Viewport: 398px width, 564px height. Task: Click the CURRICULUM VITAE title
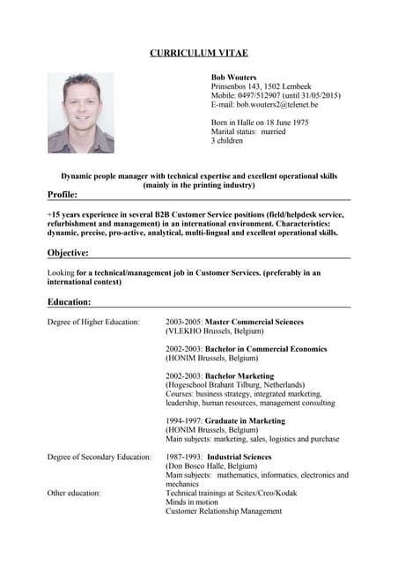pyautogui.click(x=199, y=54)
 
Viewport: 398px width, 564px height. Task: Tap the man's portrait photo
pyautogui.click(x=80, y=113)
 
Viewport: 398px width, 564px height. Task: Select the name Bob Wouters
pyautogui.click(x=234, y=78)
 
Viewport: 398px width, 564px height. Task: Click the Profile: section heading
pyautogui.click(x=63, y=194)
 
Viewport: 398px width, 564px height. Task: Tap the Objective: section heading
pyautogui.click(x=68, y=253)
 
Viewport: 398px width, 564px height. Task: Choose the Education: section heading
pyautogui.click(x=70, y=302)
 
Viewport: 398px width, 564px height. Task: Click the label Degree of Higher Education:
pyautogui.click(x=93, y=323)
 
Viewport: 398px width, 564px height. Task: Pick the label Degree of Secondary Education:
pyautogui.click(x=99, y=457)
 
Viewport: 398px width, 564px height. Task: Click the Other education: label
pyautogui.click(x=74, y=493)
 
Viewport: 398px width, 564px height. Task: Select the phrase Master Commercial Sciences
pyautogui.click(x=254, y=323)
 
